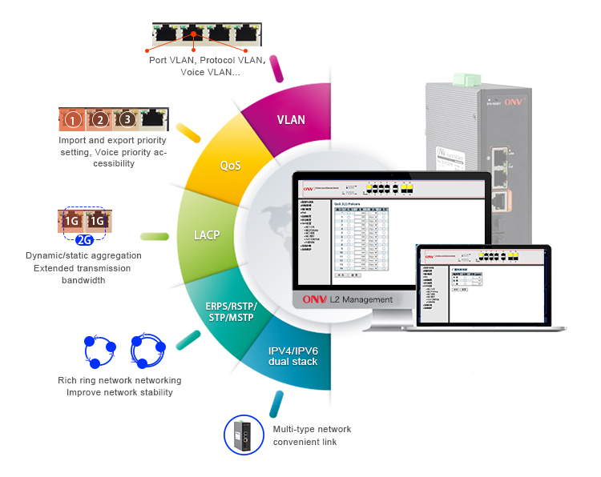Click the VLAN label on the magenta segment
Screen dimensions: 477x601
[x=291, y=120]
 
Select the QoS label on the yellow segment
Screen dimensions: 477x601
[x=231, y=166]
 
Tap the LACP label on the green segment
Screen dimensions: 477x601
[x=207, y=236]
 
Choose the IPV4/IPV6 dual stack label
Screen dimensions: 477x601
[x=292, y=356]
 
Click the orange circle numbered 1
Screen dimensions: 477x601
[x=73, y=121]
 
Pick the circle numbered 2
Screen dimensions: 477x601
[x=99, y=121]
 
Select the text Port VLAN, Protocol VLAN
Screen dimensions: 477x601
[x=207, y=60]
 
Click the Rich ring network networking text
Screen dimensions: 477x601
[x=119, y=380]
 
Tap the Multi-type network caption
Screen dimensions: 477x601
[x=312, y=429]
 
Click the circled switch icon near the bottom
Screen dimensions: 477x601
[x=243, y=435]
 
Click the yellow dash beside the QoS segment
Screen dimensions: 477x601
[x=188, y=131]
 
